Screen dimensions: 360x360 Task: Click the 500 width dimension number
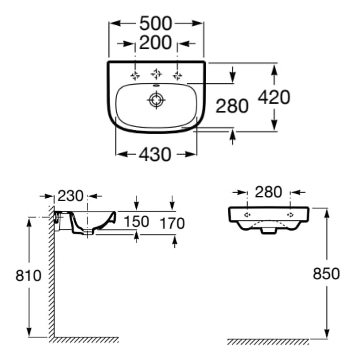pos(156,23)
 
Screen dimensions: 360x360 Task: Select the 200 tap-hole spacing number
pos(155,43)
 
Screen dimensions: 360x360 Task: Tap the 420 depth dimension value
pos(274,97)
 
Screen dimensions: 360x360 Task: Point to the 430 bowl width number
pos(155,154)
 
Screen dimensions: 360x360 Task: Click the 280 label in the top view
pos(232,106)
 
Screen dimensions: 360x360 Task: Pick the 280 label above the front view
pos(268,192)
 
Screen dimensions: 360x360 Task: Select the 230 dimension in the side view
pos(71,196)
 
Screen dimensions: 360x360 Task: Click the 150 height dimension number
pos(136,222)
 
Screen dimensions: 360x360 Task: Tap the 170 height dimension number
pos(172,223)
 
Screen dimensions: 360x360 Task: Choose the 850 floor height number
pos(326,274)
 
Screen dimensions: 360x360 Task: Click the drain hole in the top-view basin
pos(156,100)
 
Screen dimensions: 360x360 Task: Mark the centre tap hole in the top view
pos(156,74)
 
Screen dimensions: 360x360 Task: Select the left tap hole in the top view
pos(135,75)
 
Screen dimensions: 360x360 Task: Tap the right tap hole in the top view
pos(177,75)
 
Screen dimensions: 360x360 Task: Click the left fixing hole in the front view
pos(247,215)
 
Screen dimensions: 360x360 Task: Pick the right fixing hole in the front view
pos(290,215)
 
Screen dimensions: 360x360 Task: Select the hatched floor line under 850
pos(268,342)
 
